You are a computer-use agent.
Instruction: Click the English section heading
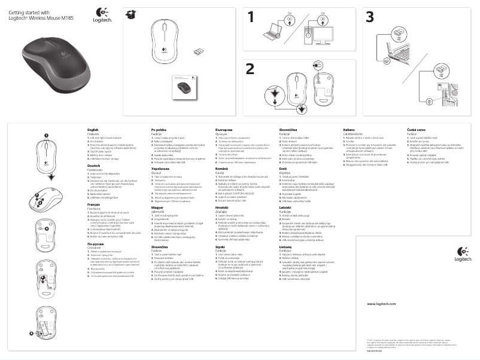click(93, 130)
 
